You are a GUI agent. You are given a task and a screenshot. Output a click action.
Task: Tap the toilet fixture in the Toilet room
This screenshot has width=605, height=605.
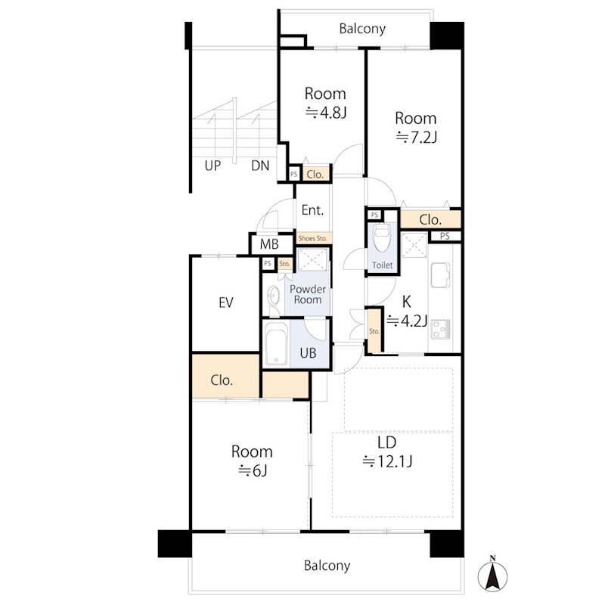click(382, 237)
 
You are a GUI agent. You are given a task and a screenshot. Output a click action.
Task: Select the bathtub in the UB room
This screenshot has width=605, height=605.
click(276, 344)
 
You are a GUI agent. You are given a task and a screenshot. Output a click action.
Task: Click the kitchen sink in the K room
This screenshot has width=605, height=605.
click(440, 275)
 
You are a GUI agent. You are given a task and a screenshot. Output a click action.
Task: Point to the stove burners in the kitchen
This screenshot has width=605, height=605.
click(440, 329)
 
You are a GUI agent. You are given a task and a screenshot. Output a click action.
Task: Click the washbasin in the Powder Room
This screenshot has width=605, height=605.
click(274, 296)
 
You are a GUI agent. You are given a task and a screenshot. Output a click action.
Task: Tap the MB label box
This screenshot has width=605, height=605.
click(269, 244)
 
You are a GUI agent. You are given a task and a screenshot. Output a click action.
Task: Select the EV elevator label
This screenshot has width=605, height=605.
click(225, 303)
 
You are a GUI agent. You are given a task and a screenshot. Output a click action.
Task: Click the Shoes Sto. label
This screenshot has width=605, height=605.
click(312, 238)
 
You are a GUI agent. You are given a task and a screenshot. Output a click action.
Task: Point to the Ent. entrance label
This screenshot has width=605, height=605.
click(312, 210)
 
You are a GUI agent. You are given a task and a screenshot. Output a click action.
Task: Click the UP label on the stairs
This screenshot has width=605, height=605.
click(213, 166)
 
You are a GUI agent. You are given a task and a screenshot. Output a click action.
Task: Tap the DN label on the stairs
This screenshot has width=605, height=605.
click(260, 166)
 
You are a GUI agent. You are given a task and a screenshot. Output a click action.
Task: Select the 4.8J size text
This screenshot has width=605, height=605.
click(327, 113)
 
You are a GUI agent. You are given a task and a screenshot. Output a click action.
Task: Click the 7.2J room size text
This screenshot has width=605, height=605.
click(417, 138)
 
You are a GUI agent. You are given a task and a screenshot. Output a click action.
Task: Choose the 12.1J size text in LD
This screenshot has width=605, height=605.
click(387, 461)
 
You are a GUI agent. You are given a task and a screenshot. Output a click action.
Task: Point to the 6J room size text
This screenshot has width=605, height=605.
click(253, 470)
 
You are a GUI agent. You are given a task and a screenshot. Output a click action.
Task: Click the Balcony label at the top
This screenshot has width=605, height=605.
click(362, 29)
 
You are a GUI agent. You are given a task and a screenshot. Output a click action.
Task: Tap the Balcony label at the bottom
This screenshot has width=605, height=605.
click(327, 566)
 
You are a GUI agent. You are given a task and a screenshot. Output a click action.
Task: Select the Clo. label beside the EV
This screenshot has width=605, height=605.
click(222, 381)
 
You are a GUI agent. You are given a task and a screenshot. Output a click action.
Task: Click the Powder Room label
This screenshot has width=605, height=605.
click(308, 294)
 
